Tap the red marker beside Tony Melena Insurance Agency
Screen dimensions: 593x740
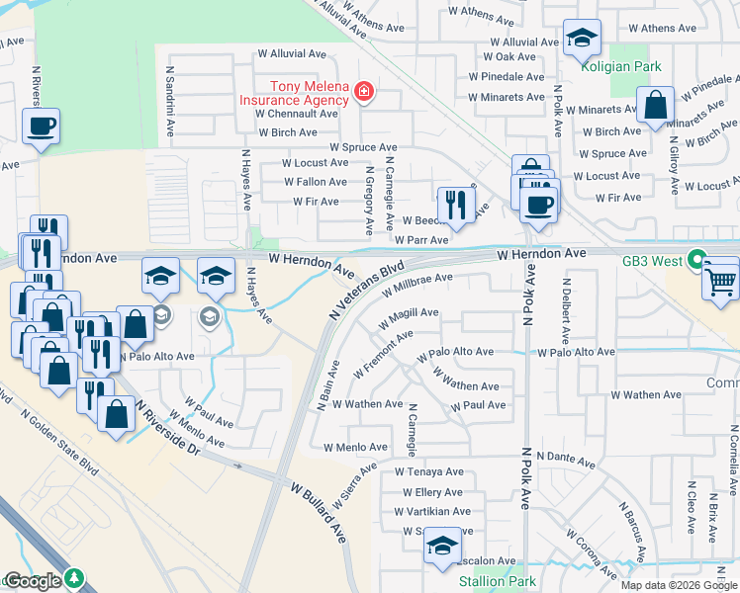364,93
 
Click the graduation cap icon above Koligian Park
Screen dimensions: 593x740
582,39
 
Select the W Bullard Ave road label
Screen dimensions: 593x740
318,511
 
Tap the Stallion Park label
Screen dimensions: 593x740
498,581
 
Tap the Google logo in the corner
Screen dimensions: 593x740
32,581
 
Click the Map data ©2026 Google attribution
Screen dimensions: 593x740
679,585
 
